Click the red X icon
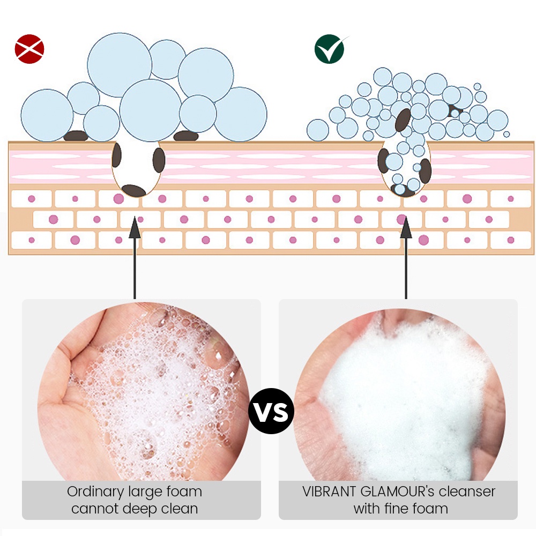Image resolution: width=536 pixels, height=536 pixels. click(29, 49)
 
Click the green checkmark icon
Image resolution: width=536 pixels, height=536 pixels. click(330, 49)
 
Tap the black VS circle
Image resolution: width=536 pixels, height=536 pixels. click(271, 411)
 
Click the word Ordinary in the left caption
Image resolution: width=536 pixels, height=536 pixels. click(95, 492)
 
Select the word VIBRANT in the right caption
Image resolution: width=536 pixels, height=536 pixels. click(329, 492)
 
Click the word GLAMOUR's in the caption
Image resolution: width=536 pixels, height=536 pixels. click(397, 492)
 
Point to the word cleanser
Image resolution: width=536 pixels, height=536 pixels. click(467, 492)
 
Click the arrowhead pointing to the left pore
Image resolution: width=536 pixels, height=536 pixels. click(135, 227)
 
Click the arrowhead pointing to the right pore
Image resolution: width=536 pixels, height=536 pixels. click(406, 227)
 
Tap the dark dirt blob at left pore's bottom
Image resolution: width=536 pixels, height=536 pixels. click(133, 191)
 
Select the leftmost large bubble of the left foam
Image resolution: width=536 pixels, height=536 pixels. click(47, 115)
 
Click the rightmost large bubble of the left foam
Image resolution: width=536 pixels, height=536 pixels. click(240, 114)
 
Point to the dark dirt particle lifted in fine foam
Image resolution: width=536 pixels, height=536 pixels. click(403, 120)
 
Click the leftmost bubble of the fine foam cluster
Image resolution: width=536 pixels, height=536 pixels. click(317, 130)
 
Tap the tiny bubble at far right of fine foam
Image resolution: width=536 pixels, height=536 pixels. click(507, 135)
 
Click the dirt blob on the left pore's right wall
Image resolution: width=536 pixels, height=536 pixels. click(159, 160)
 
